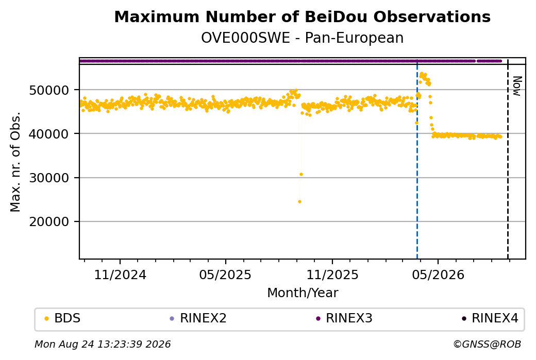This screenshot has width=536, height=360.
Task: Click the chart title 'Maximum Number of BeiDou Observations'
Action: coord(302,17)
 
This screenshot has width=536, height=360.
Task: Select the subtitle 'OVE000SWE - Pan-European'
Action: coord(302,38)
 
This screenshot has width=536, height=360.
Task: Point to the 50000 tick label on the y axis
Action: coord(49,91)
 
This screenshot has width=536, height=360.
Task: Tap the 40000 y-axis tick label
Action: coord(49,134)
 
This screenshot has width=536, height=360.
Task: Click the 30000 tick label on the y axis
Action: coord(49,178)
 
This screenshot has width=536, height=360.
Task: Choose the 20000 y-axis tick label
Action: coord(49,222)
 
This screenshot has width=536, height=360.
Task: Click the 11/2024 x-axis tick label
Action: coord(120,275)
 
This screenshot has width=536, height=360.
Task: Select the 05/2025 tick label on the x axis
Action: coord(225,275)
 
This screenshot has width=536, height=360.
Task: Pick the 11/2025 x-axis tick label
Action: coord(332,275)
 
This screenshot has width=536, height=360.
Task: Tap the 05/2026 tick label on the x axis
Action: coord(438,275)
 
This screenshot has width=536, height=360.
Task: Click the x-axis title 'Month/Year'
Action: coord(303,293)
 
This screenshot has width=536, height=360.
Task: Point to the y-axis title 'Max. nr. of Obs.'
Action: coord(15,162)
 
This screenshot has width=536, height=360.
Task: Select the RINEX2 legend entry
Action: coord(198,318)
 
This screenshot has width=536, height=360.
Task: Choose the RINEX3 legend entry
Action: coord(344,318)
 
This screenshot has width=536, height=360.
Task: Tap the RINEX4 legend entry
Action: coord(490,318)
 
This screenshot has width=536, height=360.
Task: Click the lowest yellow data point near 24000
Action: coord(300,202)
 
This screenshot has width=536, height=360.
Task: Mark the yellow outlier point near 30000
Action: coord(301,175)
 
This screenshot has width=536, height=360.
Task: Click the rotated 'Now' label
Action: coord(517,86)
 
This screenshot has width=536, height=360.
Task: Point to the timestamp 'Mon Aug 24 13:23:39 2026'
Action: coord(103,344)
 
